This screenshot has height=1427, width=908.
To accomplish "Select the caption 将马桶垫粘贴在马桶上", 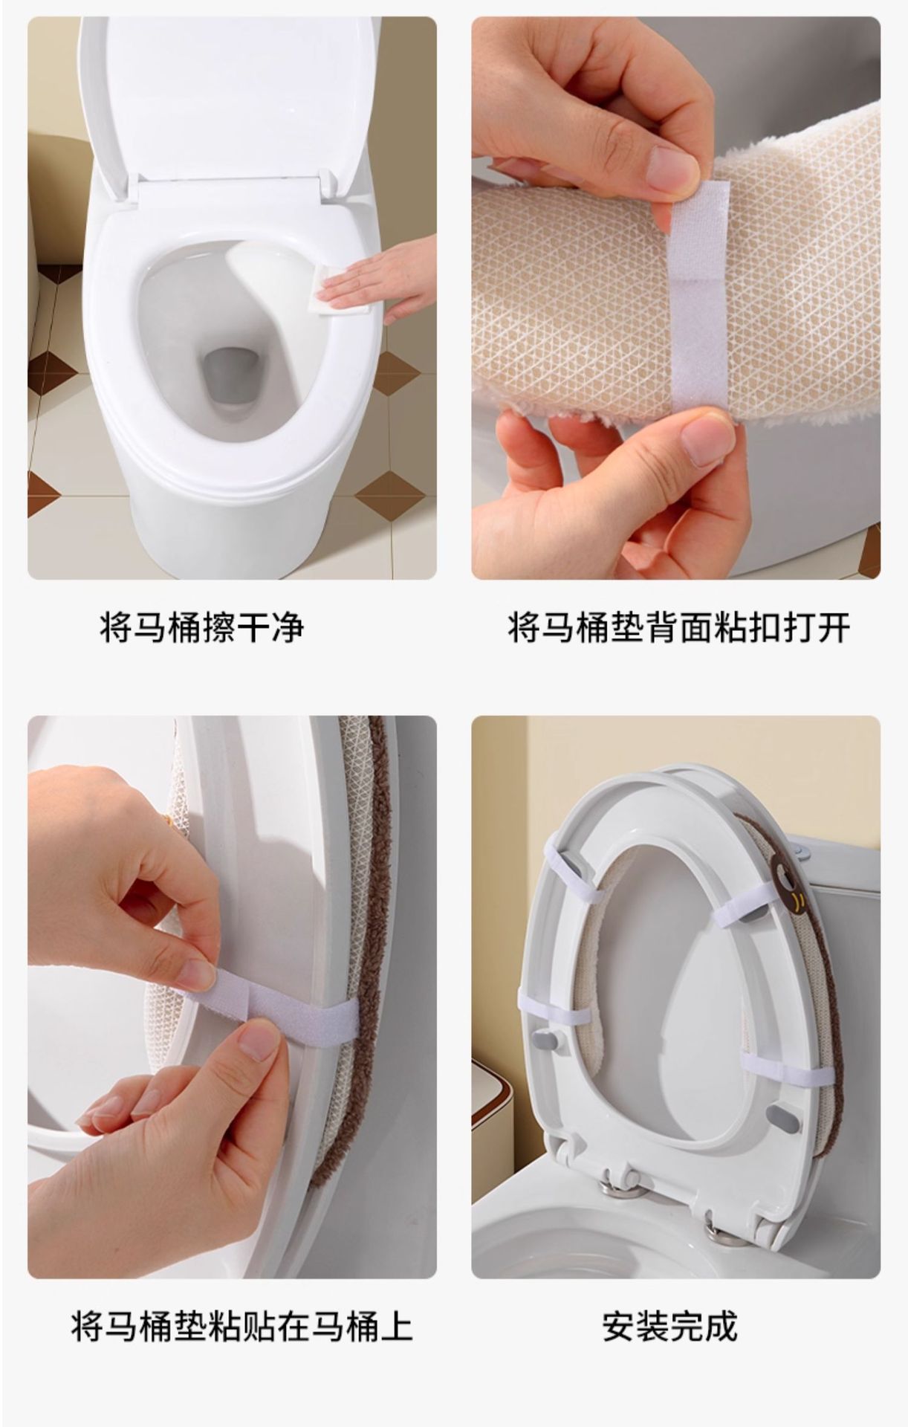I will click(x=241, y=1326).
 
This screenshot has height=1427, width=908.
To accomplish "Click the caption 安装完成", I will click(x=669, y=1326).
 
